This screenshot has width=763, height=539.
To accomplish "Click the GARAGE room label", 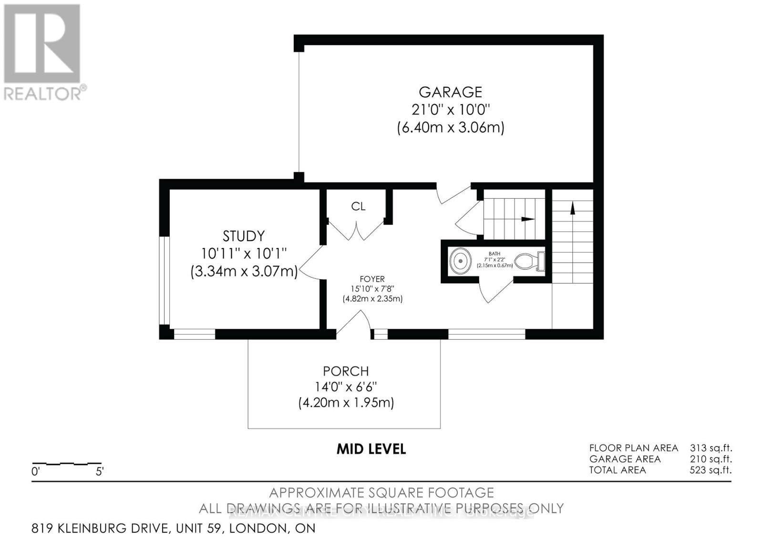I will tap(450, 92).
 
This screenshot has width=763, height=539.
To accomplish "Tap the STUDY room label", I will tap(244, 236).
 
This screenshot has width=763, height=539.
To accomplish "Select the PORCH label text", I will tap(346, 371).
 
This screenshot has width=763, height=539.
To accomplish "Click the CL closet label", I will tap(358, 206).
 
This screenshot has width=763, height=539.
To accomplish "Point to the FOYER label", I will tap(372, 279).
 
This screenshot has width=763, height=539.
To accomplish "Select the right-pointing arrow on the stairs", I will tap(527, 219).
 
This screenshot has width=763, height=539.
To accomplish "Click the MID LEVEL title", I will tap(371, 449).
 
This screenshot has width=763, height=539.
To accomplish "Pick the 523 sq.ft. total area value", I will tap(711, 470).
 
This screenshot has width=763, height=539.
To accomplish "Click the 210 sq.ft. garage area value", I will tap(711, 459).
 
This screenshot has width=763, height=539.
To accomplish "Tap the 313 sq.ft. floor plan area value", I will tap(711, 448).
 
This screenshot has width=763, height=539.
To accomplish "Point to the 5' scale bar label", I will tap(100, 472).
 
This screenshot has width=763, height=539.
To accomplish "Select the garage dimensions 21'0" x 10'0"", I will tap(450, 110).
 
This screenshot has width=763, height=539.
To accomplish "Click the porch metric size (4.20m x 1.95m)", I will tap(346, 403).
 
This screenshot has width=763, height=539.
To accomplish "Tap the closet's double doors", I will tap(357, 233).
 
